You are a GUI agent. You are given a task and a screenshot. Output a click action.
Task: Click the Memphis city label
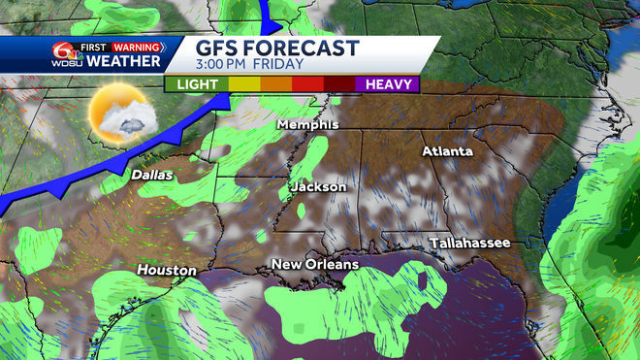click(307, 125)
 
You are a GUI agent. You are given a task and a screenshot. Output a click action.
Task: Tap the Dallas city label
click(152, 175)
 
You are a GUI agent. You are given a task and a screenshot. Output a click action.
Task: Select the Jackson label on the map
click(318, 186)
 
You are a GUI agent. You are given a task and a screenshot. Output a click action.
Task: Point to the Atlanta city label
click(447, 151)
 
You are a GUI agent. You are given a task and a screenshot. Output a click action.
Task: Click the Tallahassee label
click(470, 243)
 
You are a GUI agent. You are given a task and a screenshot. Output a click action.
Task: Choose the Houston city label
click(166, 270)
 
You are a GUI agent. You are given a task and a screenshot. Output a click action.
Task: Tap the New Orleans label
click(315, 264)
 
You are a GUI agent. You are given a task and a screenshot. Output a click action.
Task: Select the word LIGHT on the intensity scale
click(197, 84)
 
